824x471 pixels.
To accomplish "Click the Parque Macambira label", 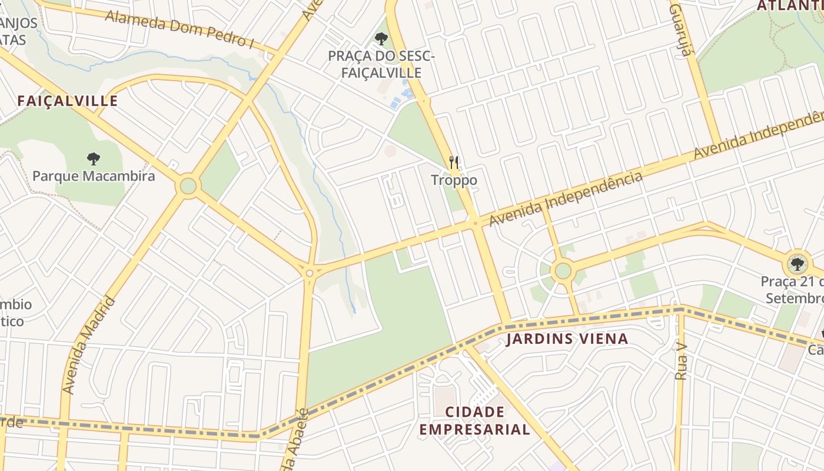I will tap(94, 176).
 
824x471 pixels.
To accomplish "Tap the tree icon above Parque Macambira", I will tap(93, 158).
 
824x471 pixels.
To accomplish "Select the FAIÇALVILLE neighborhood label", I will tap(68, 101).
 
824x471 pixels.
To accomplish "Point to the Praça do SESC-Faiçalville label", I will tap(381, 64).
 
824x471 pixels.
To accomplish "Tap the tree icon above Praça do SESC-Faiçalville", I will tap(381, 39).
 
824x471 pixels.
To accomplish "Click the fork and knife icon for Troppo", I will tap(454, 162).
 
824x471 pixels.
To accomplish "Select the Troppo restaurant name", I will tap(454, 180).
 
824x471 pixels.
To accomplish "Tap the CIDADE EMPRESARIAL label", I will tap(474, 420).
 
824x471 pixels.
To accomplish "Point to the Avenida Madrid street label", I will tap(88, 346).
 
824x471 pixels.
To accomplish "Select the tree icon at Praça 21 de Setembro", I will tap(797, 263).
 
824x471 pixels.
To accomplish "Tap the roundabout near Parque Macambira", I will tap(188, 186).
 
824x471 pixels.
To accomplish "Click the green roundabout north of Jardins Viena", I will tap(563, 271).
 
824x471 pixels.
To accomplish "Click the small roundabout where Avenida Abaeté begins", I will tap(310, 273).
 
